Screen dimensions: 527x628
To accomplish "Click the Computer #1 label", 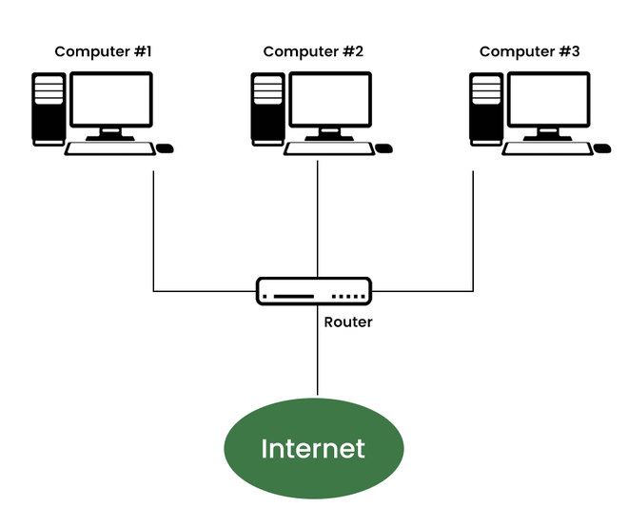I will click(x=102, y=51).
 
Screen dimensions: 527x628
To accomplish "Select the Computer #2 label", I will click(x=313, y=51).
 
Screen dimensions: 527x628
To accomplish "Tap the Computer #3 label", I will click(x=529, y=51).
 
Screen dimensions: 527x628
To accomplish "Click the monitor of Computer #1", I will click(x=111, y=101).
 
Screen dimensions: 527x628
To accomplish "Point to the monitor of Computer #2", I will click(x=330, y=101).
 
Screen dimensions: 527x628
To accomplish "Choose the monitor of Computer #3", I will click(x=548, y=101).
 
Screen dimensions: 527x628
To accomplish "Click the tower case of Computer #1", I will click(x=49, y=108).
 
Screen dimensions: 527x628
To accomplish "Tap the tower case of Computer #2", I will click(x=267, y=108).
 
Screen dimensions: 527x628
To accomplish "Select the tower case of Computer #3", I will click(x=485, y=108).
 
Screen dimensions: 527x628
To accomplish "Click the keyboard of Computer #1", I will click(x=108, y=148).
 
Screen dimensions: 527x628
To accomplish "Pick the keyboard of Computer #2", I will click(x=327, y=148).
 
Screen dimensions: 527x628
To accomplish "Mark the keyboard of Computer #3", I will click(x=545, y=148).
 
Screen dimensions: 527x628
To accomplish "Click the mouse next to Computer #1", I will click(x=165, y=148).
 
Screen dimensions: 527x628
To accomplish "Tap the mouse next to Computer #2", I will click(x=383, y=148).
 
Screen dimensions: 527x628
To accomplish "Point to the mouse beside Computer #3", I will click(x=601, y=148).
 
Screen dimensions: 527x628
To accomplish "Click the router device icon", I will click(x=313, y=290).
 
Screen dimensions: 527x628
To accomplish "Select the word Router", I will click(x=348, y=322).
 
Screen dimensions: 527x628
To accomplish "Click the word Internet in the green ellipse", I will click(x=313, y=449).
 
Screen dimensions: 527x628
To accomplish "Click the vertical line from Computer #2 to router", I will click(x=318, y=219).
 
